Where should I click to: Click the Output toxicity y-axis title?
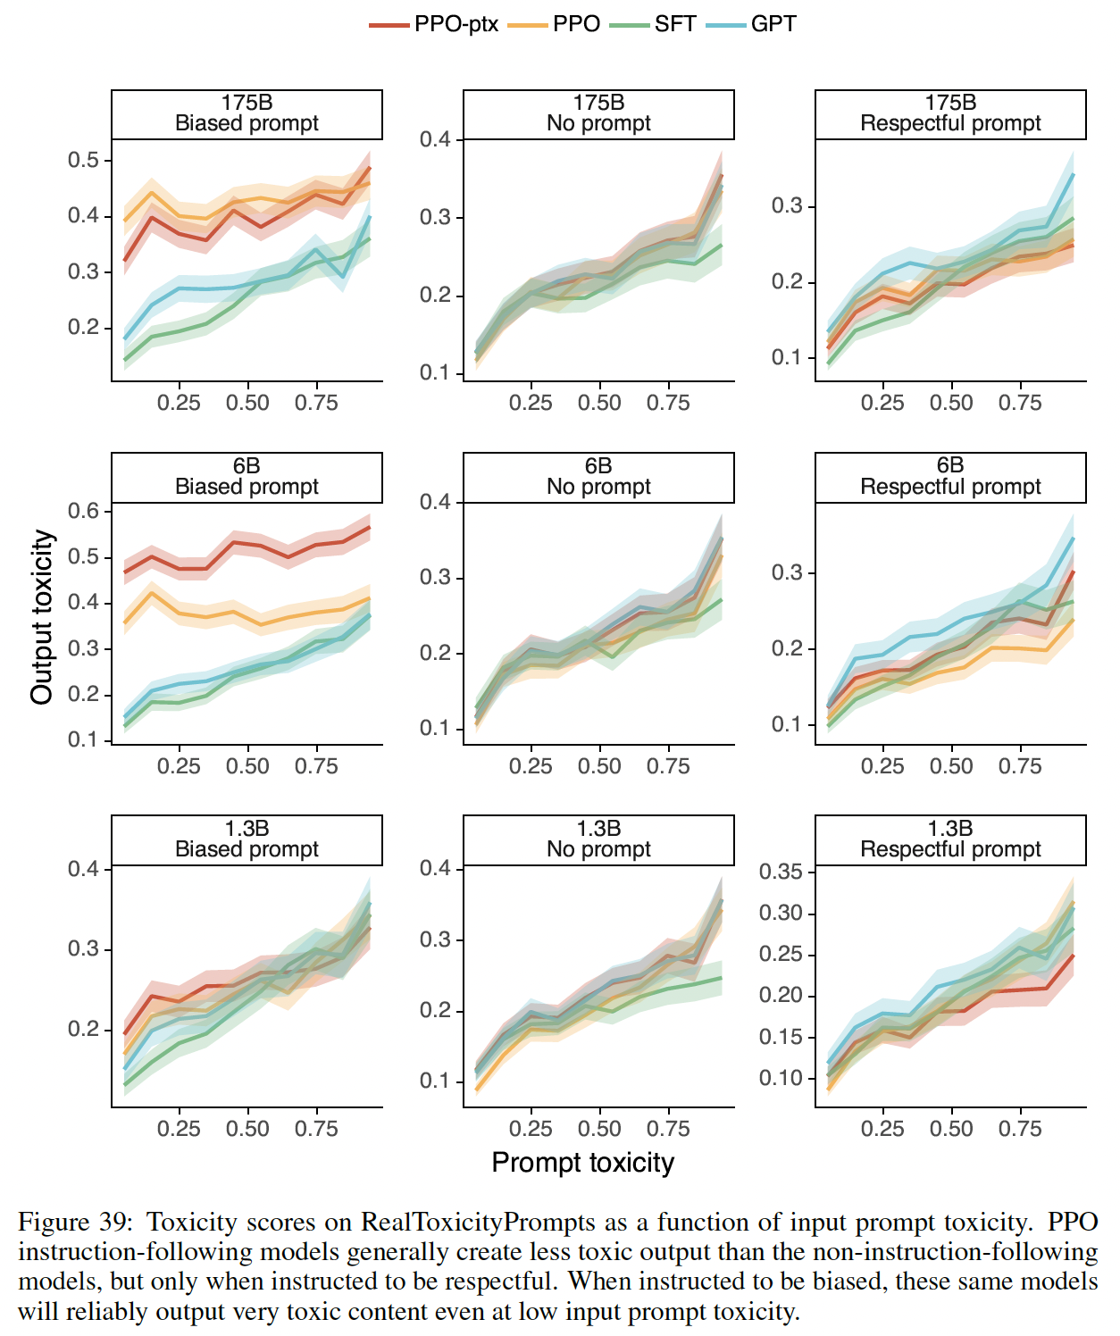point(42,617)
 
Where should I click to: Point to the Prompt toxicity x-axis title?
point(582,1163)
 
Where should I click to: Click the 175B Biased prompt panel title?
point(247,113)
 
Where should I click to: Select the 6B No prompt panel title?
point(598,476)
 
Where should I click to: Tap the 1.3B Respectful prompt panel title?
point(950,839)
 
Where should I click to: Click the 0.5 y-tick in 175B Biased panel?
point(83,161)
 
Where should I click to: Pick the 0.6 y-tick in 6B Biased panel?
point(83,511)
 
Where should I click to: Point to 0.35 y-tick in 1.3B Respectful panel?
point(781,872)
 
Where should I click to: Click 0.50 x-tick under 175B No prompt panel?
point(599,403)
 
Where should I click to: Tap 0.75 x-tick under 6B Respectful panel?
point(1020,766)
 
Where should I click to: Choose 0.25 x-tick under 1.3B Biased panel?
point(179,1129)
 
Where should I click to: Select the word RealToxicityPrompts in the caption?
point(478,1222)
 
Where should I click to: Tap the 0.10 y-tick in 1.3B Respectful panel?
point(781,1079)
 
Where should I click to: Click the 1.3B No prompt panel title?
point(598,839)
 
